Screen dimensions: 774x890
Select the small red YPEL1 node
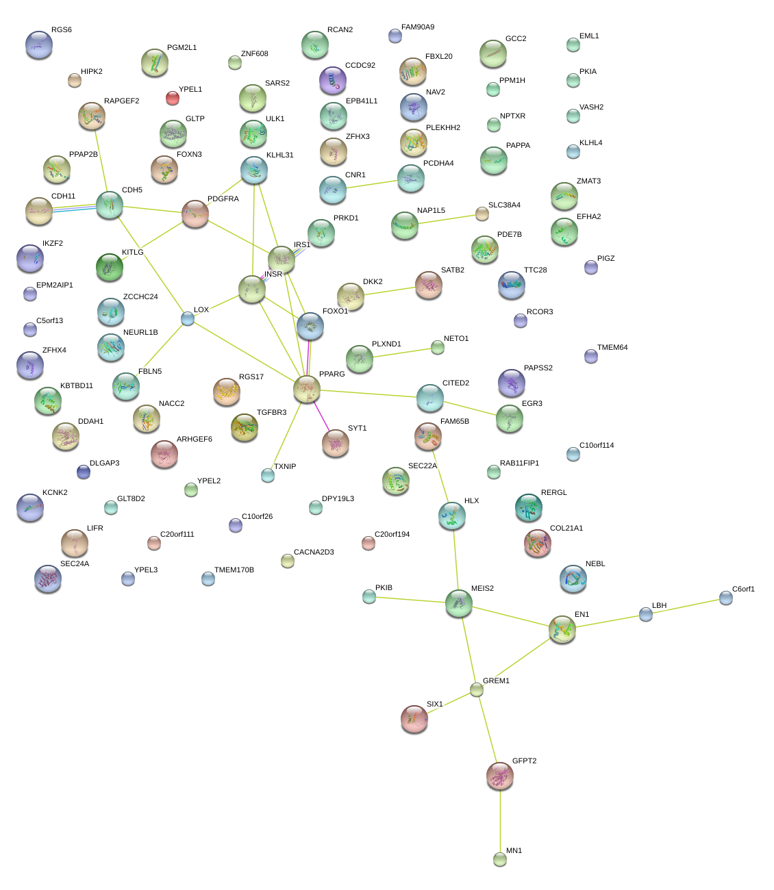pos(173,98)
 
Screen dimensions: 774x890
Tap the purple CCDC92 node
pos(332,80)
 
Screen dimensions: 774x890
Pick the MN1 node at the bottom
pos(500,859)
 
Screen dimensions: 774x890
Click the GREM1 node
pos(477,689)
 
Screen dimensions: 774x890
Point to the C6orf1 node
pos(725,598)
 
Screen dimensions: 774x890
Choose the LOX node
pos(188,318)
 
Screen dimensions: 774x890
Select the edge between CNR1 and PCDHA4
pos(371,184)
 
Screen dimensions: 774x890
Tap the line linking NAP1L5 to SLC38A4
pos(447,219)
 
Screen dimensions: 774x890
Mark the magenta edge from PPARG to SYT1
pos(321,416)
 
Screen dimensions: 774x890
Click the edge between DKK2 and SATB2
pos(389,291)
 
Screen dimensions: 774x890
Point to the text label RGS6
pos(62,29)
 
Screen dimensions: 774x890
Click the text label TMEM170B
pos(234,570)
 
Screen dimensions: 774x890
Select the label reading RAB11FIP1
pos(519,463)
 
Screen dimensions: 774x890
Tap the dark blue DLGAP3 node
pos(83,472)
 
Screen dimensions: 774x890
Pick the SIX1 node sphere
pos(414,719)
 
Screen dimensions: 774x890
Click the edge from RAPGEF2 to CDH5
pos(101,160)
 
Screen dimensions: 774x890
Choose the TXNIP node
pos(268,475)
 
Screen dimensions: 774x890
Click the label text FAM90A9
pos(418,27)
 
